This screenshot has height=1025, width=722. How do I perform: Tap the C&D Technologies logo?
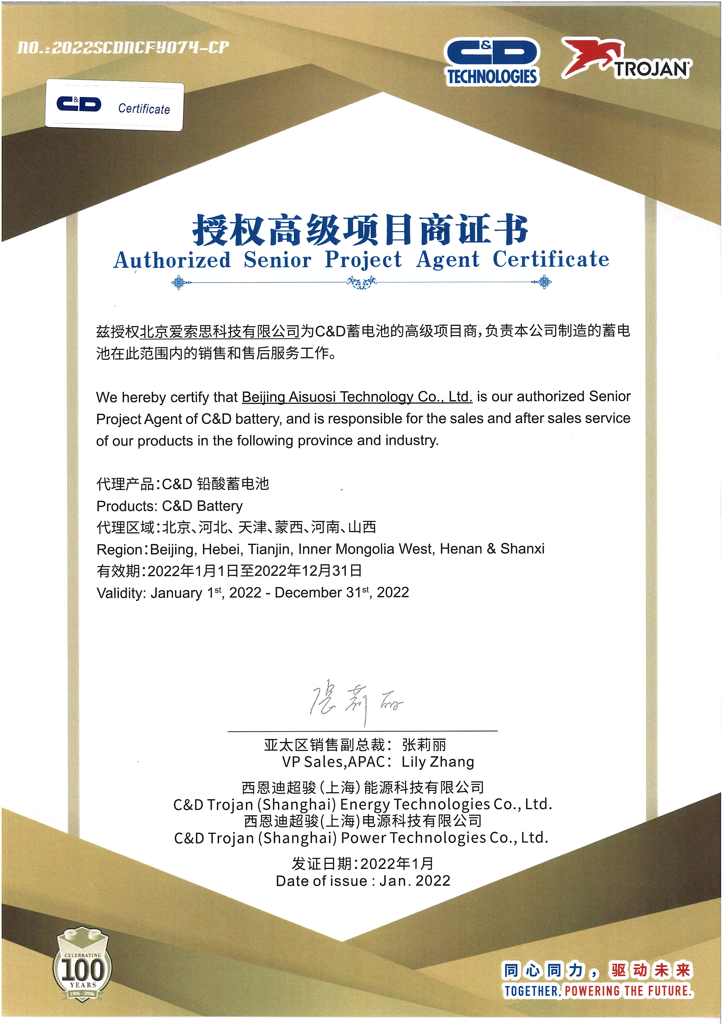pyautogui.click(x=492, y=62)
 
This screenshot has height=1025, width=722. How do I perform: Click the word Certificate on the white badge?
pyautogui.click(x=144, y=109)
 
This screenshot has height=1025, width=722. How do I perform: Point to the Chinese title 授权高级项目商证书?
pyautogui.click(x=360, y=230)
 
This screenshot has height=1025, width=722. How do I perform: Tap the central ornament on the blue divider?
pyautogui.click(x=362, y=282)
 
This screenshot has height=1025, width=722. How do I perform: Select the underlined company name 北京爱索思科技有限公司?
pyautogui.click(x=220, y=331)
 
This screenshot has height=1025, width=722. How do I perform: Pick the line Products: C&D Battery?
pyautogui.click(x=169, y=506)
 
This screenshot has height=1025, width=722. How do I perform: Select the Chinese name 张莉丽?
pyautogui.click(x=424, y=745)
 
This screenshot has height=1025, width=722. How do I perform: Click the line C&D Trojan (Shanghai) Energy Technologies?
pyautogui.click(x=362, y=804)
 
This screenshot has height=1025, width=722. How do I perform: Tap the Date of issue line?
pyautogui.click(x=363, y=881)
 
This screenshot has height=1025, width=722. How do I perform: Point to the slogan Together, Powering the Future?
pyautogui.click(x=598, y=991)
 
